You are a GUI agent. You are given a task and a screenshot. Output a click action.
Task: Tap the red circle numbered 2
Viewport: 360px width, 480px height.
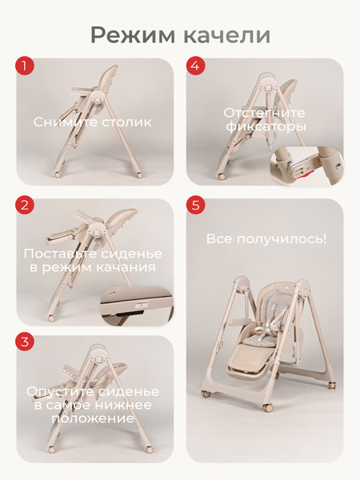point(27,206)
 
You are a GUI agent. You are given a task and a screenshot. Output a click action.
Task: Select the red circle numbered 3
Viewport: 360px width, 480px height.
point(27,342)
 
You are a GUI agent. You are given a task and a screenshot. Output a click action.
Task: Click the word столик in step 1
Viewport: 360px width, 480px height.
point(128,122)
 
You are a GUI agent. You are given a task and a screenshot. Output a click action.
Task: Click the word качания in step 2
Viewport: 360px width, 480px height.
point(125,266)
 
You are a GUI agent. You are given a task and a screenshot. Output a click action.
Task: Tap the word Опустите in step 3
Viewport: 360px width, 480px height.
point(59,391)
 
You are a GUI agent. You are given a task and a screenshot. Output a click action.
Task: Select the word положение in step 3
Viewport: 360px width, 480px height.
point(95,420)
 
